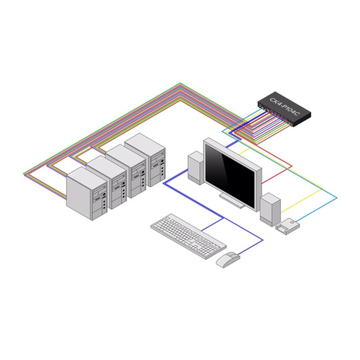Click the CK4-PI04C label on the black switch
click(x=285, y=107)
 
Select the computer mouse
click(x=228, y=260)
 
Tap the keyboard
click(x=189, y=237)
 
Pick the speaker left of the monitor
click(x=196, y=168)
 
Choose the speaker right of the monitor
click(x=270, y=210)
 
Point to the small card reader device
click(x=288, y=226)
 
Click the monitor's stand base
click(x=232, y=201)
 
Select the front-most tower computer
click(x=87, y=193)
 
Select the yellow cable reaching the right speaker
click(x=301, y=200)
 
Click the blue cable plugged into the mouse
click(x=250, y=247)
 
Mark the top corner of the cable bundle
click(x=180, y=83)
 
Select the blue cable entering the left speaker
click(x=175, y=177)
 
